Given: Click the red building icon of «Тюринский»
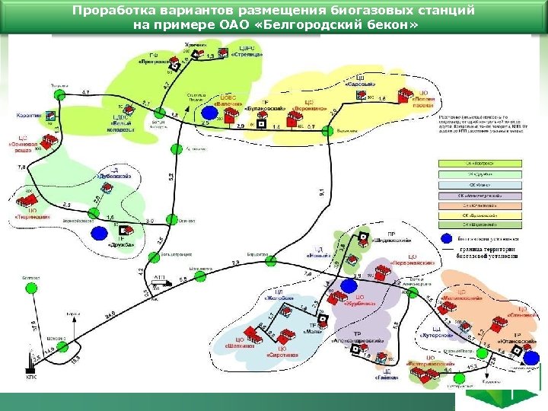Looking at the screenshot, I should click(31, 205).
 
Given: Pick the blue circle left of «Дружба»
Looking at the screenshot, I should click(98, 231).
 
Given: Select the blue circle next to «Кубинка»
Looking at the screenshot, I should click(349, 285).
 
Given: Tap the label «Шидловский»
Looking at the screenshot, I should click(390, 241).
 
